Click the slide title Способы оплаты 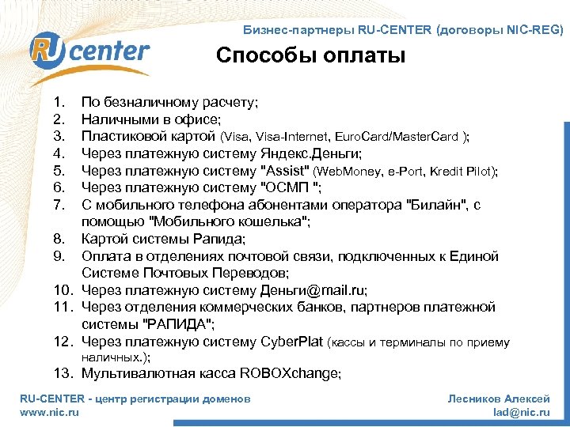pyautogui.click(x=310, y=56)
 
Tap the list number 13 pyautogui.click(x=63, y=372)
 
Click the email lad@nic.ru pyautogui.click(x=521, y=412)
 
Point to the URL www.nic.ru pyautogui.click(x=49, y=412)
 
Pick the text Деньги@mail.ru pyautogui.click(x=312, y=290)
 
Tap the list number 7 pyautogui.click(x=58, y=205)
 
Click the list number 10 pyautogui.click(x=63, y=290)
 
